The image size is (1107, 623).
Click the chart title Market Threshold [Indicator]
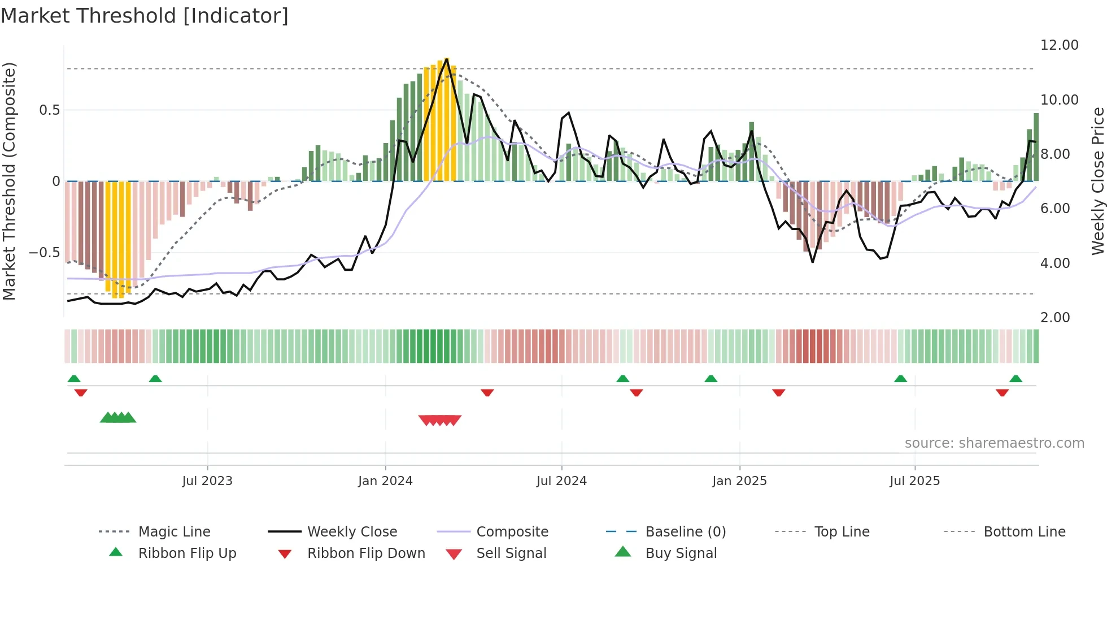(145, 16)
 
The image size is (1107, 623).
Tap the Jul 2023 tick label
(207, 481)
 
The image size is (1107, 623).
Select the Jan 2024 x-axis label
(385, 481)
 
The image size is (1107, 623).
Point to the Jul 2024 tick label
(561, 481)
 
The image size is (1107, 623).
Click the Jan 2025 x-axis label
(739, 481)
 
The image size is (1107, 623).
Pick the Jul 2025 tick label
(914, 481)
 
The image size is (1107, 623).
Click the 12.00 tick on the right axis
(1059, 45)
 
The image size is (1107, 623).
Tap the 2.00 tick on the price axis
(1055, 318)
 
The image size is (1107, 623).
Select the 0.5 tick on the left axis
(49, 110)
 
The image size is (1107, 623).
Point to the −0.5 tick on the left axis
(45, 253)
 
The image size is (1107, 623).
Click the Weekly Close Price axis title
(1097, 181)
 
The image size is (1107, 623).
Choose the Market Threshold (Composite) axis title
(9, 181)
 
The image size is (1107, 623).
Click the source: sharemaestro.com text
(994, 443)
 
